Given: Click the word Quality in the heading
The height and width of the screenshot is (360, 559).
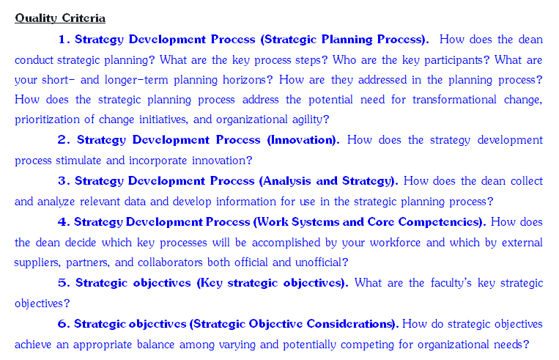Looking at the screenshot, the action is click(36, 18).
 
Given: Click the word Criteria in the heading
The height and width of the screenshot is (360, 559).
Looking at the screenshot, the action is click(84, 18).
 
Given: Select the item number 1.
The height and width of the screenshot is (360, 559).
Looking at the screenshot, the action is click(64, 40).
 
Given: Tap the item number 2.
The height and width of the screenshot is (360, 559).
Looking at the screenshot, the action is click(64, 140).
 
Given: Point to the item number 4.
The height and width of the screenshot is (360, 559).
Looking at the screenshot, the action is click(64, 222).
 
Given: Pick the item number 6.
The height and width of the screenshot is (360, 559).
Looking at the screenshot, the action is click(64, 324).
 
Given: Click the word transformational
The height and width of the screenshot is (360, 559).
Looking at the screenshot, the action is click(454, 100).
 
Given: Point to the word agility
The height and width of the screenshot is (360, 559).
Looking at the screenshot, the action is click(310, 120).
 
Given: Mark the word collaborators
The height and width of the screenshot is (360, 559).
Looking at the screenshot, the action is click(170, 262).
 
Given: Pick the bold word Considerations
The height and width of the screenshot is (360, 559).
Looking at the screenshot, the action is click(351, 324).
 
